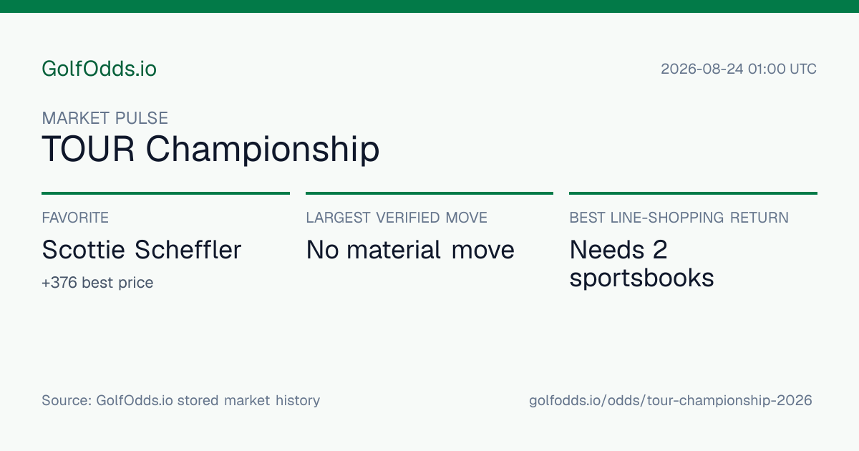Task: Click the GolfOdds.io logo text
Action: tap(99, 69)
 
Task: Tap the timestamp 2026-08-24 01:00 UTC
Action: tap(739, 69)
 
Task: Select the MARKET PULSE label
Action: tap(105, 118)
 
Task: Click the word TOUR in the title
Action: tap(88, 149)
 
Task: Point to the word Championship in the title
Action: tap(263, 150)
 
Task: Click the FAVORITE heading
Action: tap(75, 218)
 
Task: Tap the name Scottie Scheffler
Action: tap(142, 250)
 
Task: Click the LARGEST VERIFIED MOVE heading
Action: tap(397, 218)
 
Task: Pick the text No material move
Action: tap(410, 250)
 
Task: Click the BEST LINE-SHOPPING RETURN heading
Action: tap(679, 218)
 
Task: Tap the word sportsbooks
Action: tap(641, 278)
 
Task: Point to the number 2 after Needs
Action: tap(660, 250)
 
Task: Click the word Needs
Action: tap(607, 250)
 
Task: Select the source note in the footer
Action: tap(180, 400)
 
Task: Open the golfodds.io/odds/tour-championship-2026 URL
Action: tap(670, 400)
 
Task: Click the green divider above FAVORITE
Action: tap(165, 193)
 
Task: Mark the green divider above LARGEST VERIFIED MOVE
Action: tap(429, 193)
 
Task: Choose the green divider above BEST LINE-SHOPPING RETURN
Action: tap(694, 193)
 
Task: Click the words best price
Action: tap(117, 283)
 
